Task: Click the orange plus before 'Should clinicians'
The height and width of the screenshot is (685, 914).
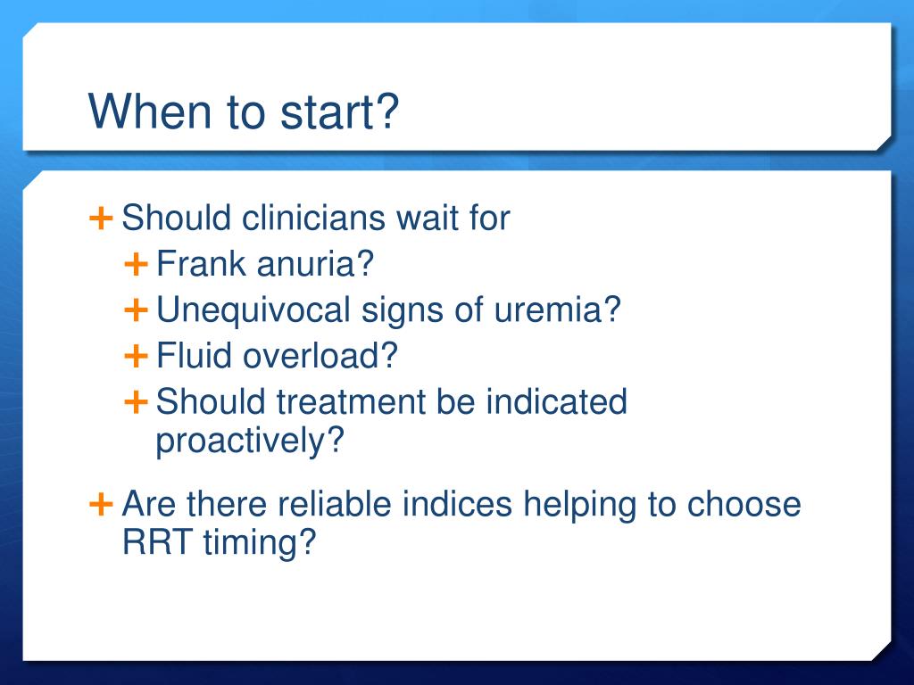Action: click(101, 216)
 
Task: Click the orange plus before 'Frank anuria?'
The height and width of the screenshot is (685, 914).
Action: click(136, 263)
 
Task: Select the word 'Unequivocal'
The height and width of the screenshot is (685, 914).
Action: click(253, 310)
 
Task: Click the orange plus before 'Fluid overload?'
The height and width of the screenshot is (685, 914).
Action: click(136, 356)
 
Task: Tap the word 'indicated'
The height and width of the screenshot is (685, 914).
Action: click(557, 402)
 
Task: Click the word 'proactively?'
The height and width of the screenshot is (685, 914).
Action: click(250, 442)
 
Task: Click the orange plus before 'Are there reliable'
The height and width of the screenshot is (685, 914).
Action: click(101, 504)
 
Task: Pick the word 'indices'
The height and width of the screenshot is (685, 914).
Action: click(457, 505)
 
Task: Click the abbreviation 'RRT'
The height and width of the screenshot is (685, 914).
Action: click(150, 542)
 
